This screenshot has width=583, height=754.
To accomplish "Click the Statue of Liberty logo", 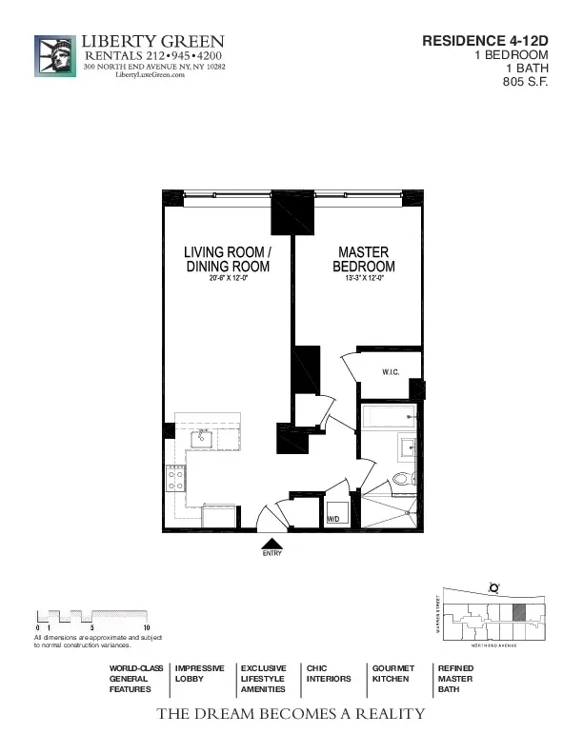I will point(54,56).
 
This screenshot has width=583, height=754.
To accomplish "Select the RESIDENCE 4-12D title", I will point(485,41).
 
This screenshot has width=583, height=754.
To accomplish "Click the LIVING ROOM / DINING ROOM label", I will point(228,260).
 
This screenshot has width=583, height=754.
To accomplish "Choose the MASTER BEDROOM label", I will point(363,260).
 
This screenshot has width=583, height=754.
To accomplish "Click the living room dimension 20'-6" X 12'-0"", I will point(228,279).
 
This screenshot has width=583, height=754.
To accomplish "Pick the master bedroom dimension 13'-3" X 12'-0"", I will point(363,279).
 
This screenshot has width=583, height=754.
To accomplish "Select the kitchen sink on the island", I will point(203,439).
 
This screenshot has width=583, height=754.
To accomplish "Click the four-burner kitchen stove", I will point(175,478).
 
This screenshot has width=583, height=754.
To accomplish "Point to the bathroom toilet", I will point(404,479).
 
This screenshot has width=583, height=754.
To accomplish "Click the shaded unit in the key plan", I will point(518,614).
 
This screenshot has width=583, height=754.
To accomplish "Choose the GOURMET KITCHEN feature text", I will point(392,674).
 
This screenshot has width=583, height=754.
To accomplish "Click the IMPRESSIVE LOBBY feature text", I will point(199,674).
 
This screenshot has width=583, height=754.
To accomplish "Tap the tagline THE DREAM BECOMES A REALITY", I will point(291,713).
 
